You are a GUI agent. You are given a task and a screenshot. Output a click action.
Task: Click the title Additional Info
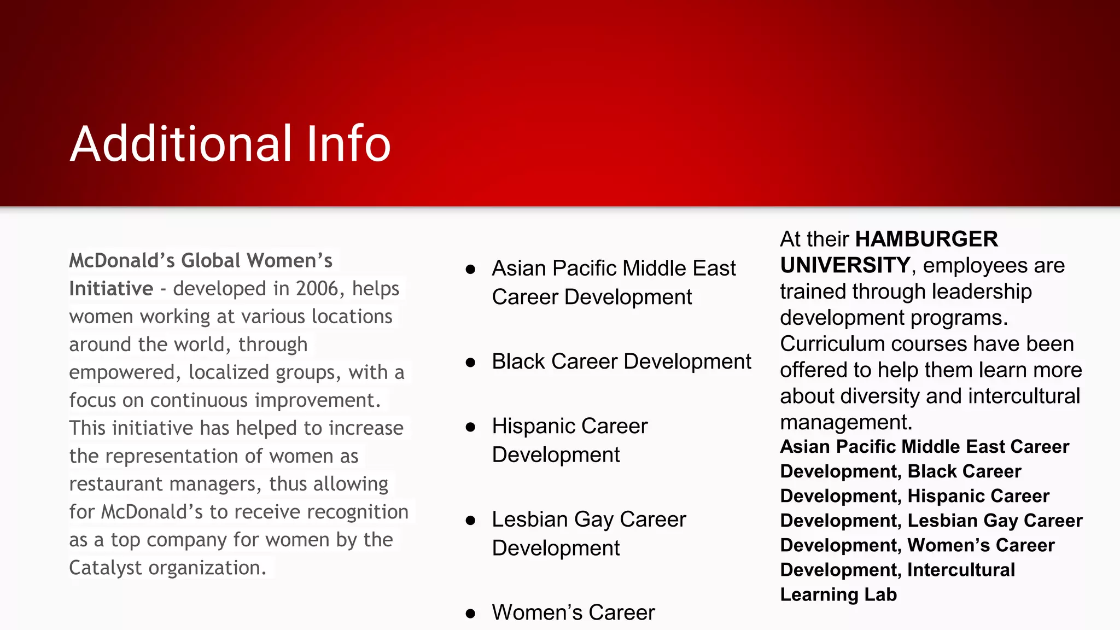click(x=230, y=144)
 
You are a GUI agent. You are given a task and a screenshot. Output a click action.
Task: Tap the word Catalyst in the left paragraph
click(x=106, y=568)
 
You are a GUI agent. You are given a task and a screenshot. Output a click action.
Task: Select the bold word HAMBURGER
click(x=926, y=240)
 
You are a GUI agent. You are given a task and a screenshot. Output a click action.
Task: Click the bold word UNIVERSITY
click(x=844, y=266)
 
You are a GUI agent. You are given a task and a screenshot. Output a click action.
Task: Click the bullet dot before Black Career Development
click(x=470, y=363)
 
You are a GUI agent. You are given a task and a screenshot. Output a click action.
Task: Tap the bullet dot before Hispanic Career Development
click(x=470, y=427)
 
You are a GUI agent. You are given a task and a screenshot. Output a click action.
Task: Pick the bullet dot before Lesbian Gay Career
click(x=470, y=520)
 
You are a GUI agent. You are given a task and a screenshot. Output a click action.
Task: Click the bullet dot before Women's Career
click(x=470, y=614)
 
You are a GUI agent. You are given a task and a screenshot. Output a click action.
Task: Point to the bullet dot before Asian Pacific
click(x=470, y=269)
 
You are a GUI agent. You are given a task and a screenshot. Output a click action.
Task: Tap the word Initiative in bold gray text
click(x=111, y=289)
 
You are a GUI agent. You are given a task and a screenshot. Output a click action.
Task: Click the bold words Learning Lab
click(x=838, y=594)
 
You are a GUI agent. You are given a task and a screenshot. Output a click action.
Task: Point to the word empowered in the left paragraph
click(x=121, y=372)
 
